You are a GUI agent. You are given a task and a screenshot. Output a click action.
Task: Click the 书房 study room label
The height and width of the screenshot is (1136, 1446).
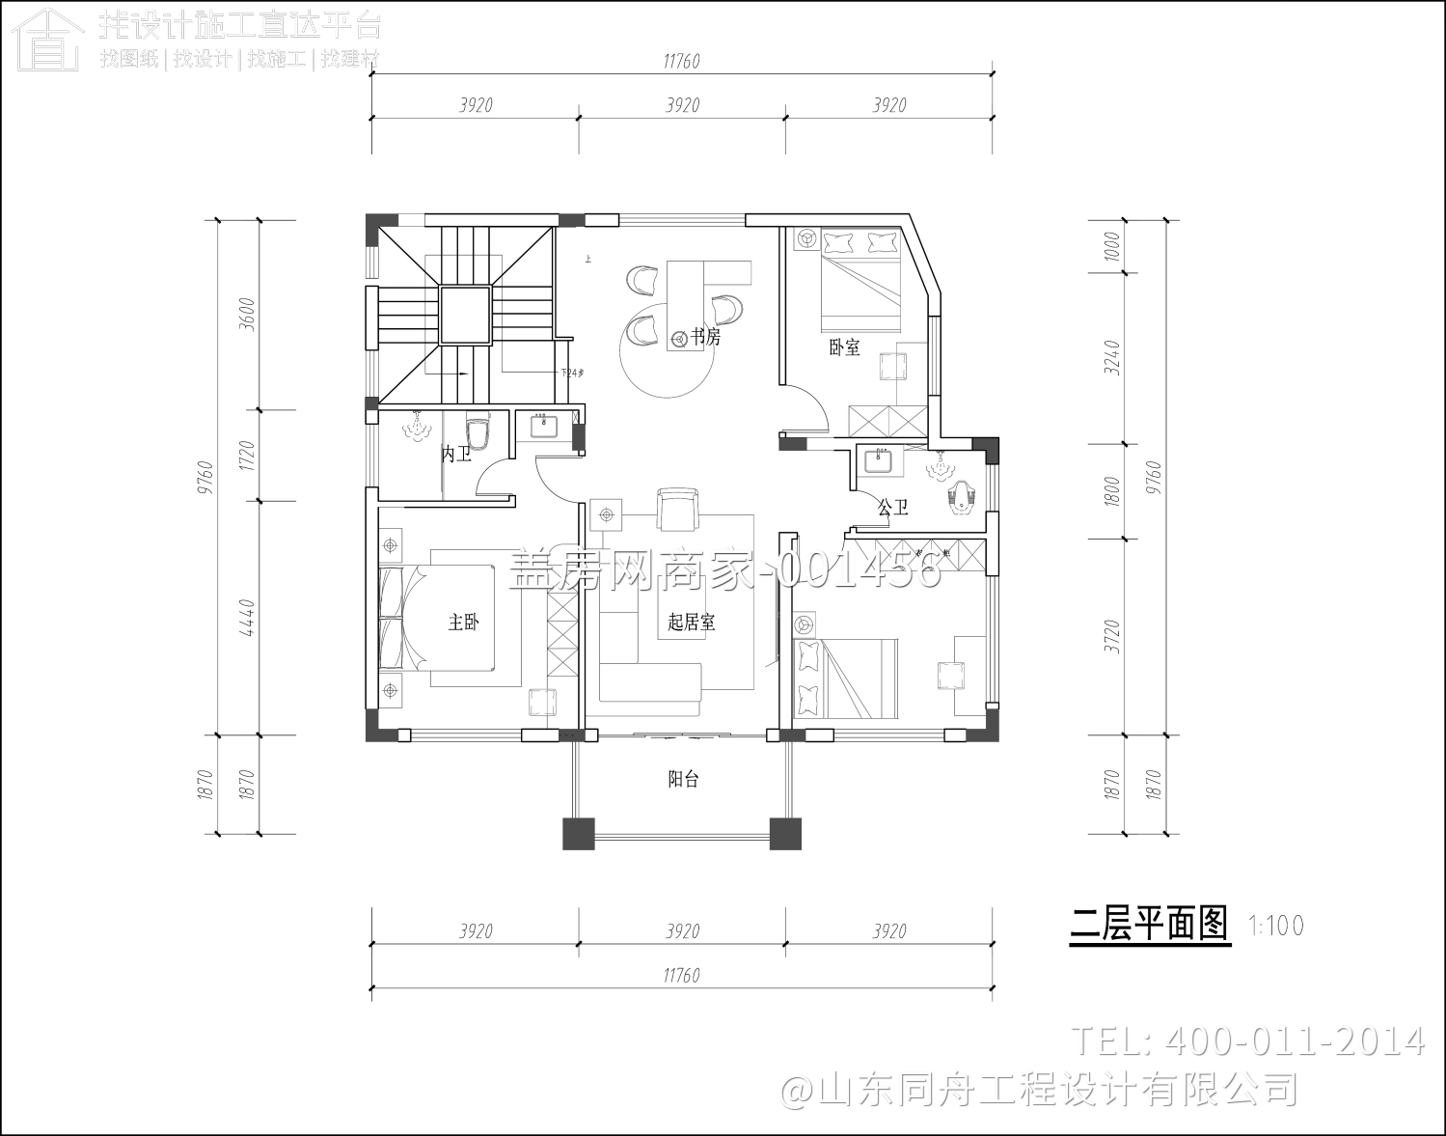tap(705, 337)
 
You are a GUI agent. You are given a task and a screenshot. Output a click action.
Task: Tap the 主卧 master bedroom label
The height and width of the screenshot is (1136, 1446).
tap(463, 623)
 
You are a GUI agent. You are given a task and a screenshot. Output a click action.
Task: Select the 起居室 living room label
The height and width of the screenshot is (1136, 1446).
tap(691, 623)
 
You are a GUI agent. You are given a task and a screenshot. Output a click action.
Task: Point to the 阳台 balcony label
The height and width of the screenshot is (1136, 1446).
tap(683, 779)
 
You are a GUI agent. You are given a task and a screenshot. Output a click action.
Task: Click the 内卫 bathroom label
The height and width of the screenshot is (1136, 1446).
tap(455, 454)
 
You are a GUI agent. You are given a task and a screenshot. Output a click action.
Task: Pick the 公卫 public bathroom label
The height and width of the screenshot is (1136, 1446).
tap(892, 507)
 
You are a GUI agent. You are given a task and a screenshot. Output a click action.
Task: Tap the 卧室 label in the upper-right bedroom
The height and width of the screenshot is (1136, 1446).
tap(844, 347)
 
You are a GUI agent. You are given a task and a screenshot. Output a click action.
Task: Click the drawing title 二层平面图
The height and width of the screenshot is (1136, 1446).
tap(1150, 925)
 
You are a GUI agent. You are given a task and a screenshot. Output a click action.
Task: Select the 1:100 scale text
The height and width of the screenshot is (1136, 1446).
tap(1275, 926)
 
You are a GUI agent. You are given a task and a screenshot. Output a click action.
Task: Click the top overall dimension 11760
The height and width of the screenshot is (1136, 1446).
tap(681, 62)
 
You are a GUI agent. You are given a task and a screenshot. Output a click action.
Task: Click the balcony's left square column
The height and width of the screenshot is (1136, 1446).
tap(579, 833)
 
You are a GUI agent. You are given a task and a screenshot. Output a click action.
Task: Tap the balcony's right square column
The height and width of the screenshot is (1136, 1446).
tap(785, 833)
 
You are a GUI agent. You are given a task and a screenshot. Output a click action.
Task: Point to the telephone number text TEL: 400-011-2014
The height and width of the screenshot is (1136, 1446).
tap(1248, 1041)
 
